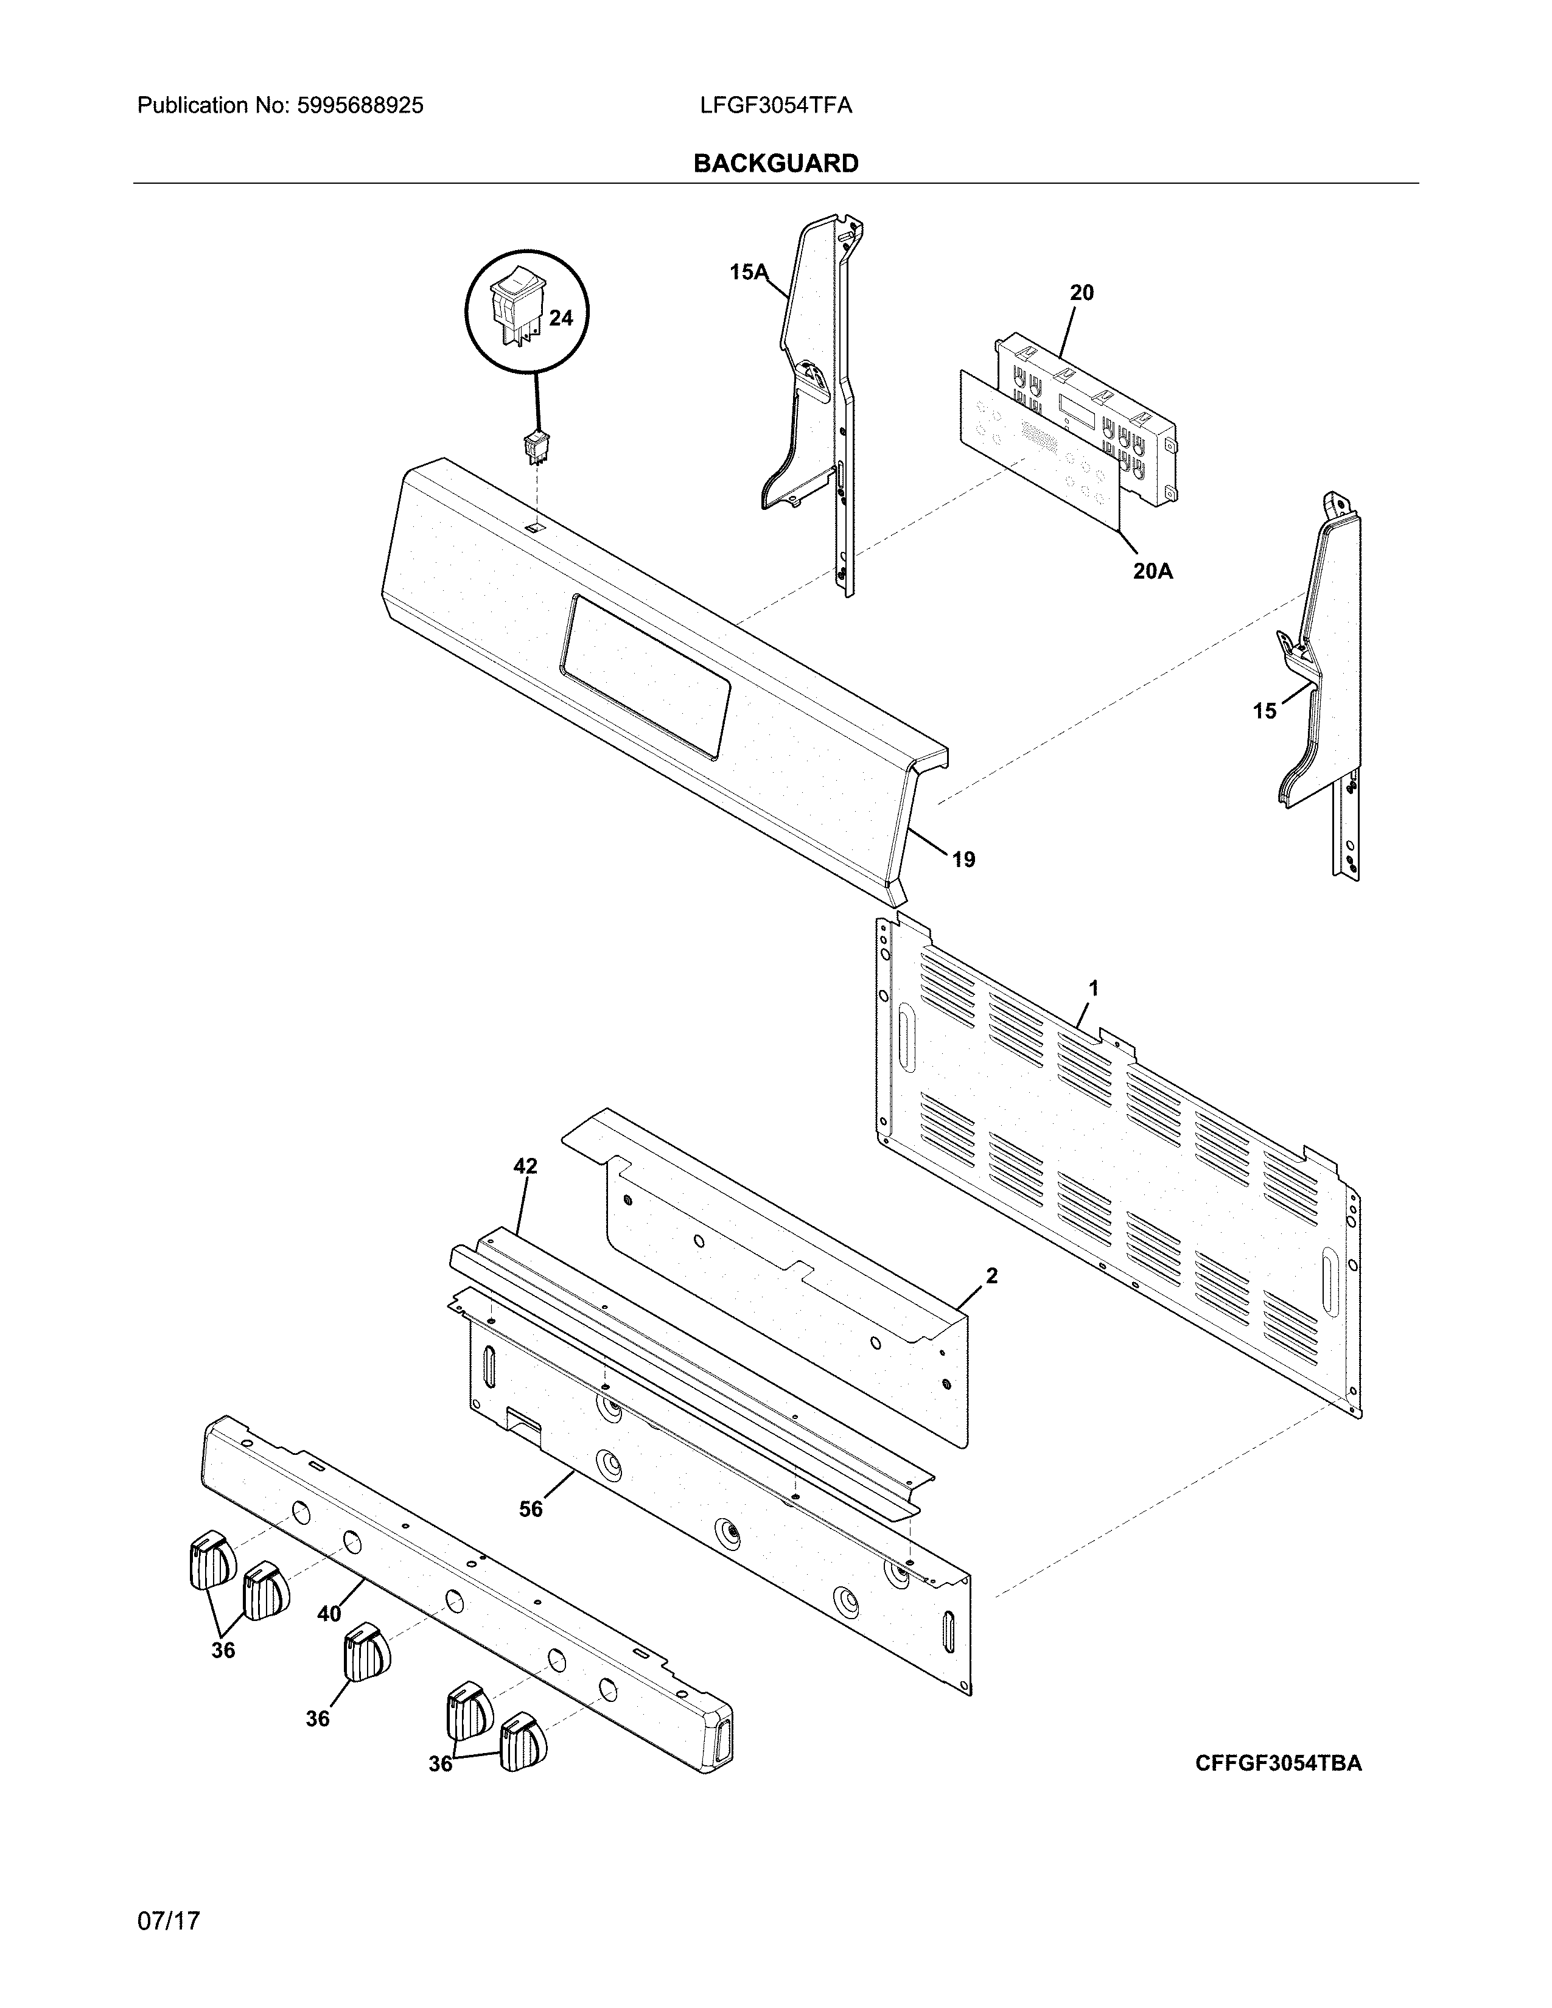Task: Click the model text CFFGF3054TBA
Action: point(1278,1763)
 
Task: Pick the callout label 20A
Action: point(1152,571)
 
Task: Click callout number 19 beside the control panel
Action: point(963,860)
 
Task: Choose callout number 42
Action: point(525,1166)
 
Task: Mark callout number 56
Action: point(531,1509)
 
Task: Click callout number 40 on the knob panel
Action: point(329,1614)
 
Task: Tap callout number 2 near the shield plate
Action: point(991,1275)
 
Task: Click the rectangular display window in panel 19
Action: point(646,676)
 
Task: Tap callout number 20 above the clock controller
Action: point(1082,292)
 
